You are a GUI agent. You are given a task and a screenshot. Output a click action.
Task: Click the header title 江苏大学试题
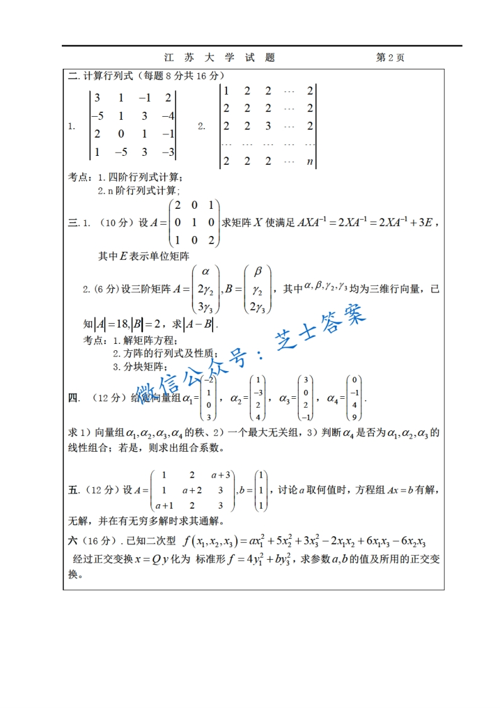(x=219, y=57)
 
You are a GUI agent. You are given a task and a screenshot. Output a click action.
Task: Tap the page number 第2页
(x=390, y=57)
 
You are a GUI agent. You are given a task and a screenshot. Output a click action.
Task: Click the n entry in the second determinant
(x=310, y=161)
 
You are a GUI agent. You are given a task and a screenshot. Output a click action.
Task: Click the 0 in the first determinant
(x=120, y=134)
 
